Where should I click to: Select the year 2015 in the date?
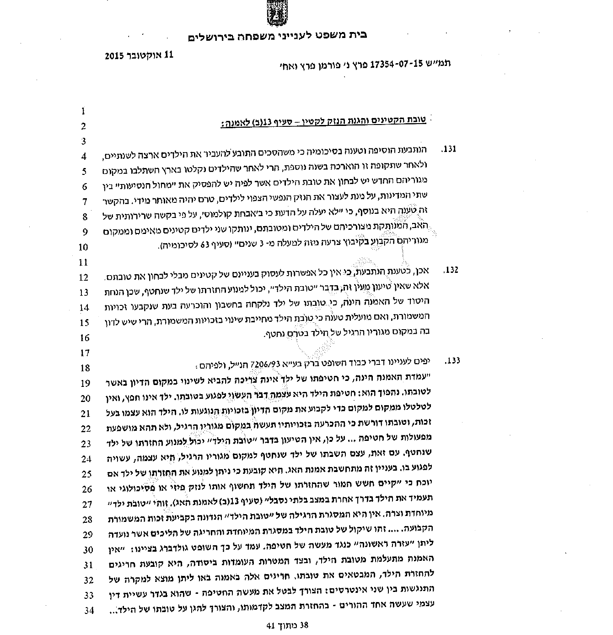click(x=115, y=56)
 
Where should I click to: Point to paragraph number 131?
click(x=450, y=149)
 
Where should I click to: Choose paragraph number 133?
click(x=452, y=361)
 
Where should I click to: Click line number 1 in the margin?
click(x=83, y=111)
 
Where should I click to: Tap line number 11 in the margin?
click(x=83, y=263)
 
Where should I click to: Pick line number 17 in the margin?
click(x=85, y=353)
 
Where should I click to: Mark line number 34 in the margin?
click(x=88, y=610)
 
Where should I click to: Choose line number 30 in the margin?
click(x=88, y=550)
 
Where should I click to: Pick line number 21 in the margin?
click(x=87, y=413)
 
